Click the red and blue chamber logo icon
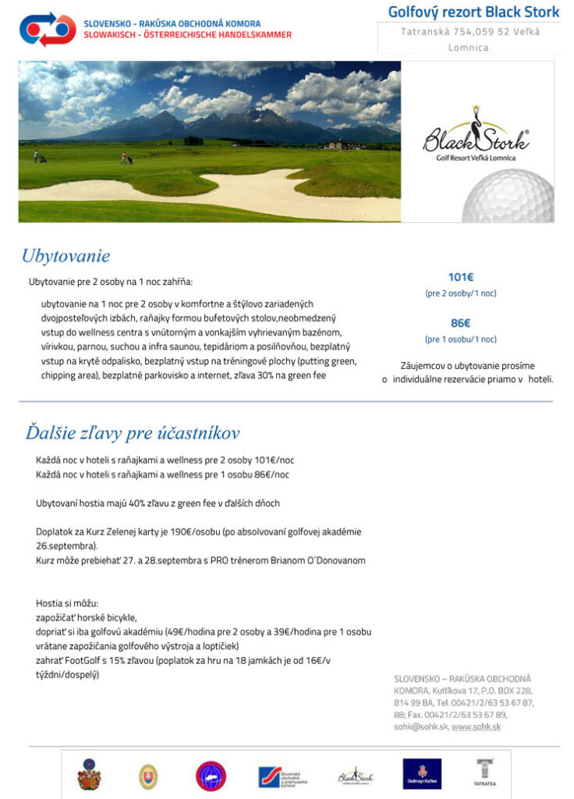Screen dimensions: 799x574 click(x=48, y=29)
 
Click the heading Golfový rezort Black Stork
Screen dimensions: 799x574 click(x=473, y=12)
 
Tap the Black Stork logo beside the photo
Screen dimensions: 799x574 click(x=477, y=141)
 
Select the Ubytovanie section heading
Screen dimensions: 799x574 click(x=66, y=256)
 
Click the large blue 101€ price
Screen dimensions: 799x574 click(x=461, y=277)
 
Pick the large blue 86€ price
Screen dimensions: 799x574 click(x=461, y=323)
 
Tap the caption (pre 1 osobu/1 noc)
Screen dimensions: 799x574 click(x=461, y=339)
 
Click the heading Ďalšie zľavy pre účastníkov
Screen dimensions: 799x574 click(x=133, y=433)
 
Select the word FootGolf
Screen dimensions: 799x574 click(x=76, y=660)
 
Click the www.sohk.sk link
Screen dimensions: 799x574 click(x=476, y=727)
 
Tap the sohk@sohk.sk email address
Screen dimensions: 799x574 click(x=420, y=727)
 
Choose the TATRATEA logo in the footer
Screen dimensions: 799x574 click(x=484, y=772)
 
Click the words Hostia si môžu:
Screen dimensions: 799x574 click(x=67, y=603)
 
